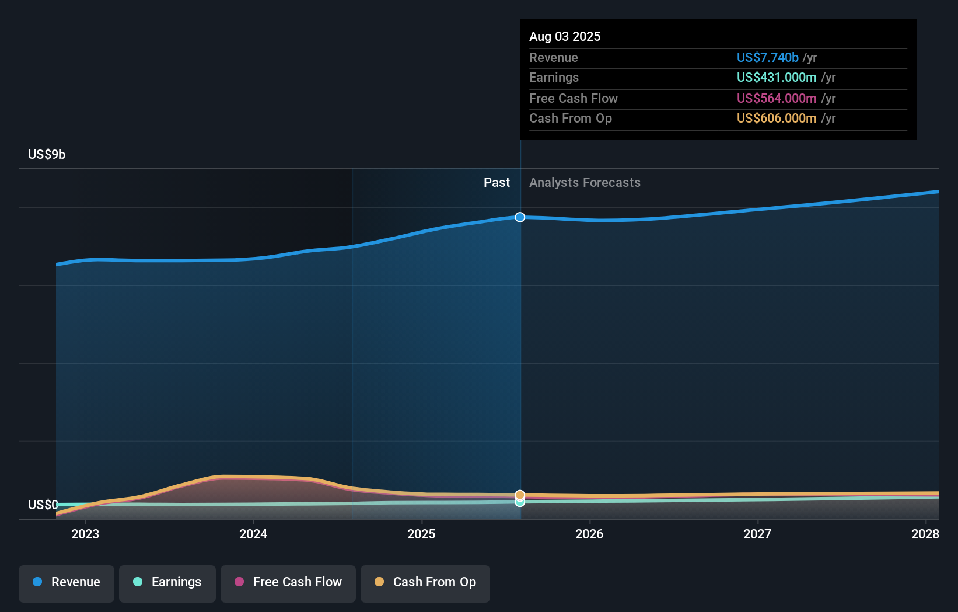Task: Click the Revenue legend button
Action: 67,582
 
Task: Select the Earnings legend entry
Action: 167,582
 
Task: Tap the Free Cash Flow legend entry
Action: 288,582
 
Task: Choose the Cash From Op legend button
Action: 425,582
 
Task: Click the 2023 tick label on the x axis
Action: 85,534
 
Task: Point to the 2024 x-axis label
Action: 253,534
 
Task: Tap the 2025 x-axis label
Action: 421,534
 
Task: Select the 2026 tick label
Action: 589,534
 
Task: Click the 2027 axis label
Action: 757,534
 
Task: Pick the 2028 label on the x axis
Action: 925,534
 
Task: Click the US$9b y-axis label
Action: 47,154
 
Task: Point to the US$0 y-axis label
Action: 43,505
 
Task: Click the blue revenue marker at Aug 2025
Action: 520,217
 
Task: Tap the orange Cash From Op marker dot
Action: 520,495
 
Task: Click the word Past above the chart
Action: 497,183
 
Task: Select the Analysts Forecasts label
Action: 585,183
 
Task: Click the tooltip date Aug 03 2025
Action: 564,36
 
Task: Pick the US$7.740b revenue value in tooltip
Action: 767,57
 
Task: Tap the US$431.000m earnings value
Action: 776,77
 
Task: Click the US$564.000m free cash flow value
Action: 776,98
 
